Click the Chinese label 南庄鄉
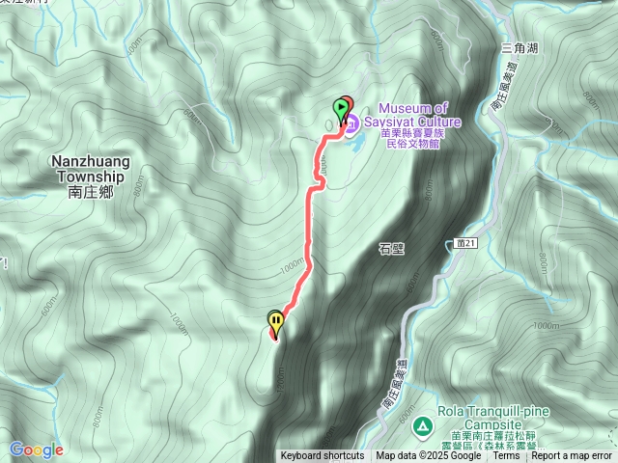tap(92, 192)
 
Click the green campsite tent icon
tap(422, 425)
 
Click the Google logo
tap(36, 449)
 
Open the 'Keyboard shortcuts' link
tap(323, 456)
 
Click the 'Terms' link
tap(506, 456)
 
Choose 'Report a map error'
tap(572, 456)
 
